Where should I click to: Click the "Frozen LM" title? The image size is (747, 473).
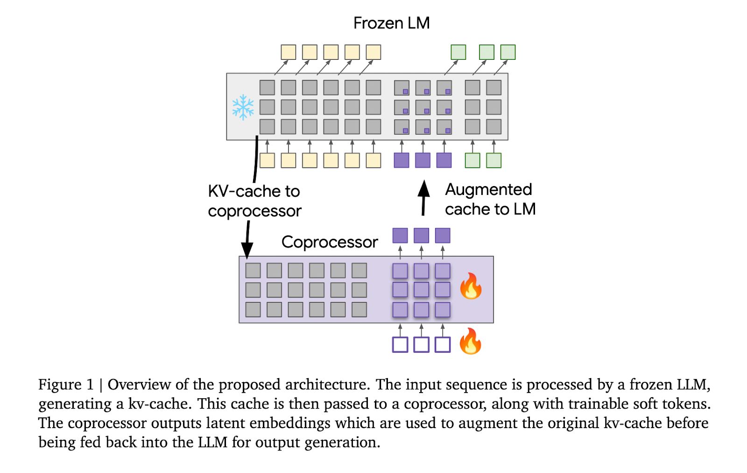391,23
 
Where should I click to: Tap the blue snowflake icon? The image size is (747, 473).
243,107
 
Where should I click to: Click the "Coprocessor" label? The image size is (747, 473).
330,242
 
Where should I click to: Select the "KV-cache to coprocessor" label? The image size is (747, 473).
254,201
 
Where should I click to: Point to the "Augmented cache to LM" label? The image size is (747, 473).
490,200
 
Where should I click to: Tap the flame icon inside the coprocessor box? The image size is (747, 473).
471,286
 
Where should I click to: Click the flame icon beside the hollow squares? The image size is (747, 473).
470,341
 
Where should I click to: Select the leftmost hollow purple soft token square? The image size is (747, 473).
400,344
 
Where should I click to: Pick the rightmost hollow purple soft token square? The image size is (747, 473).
443,344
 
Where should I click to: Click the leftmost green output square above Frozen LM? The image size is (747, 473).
458,52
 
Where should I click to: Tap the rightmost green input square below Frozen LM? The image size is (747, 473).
493,160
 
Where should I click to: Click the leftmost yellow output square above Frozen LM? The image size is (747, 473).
288,52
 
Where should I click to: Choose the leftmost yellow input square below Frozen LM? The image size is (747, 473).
267,160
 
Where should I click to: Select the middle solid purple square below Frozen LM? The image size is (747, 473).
423,160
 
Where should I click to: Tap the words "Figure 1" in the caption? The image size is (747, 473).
66,385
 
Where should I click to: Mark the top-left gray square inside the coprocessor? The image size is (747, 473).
253,270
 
